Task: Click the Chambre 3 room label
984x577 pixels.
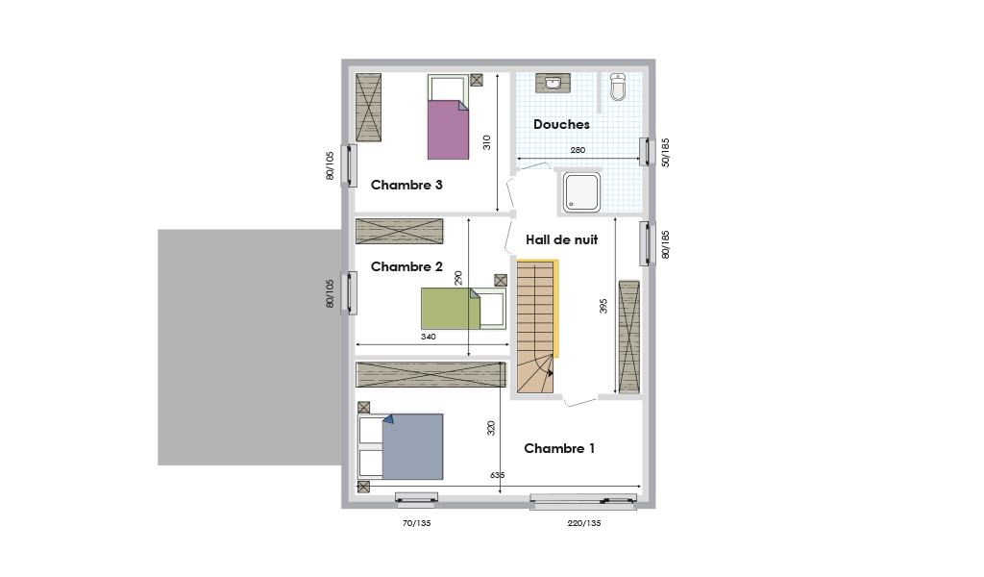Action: (406, 185)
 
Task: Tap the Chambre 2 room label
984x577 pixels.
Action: (406, 266)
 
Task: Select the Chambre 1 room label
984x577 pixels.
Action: (559, 448)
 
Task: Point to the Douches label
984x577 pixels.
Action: (561, 124)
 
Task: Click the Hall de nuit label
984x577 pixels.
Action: (561, 239)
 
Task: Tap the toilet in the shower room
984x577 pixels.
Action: (618, 87)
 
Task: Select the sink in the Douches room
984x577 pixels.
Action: (553, 83)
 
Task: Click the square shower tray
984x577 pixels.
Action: (581, 192)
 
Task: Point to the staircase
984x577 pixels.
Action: (535, 326)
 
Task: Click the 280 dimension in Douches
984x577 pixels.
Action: (578, 150)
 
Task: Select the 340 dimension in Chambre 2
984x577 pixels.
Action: (429, 337)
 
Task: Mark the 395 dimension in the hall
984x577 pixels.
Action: (603, 306)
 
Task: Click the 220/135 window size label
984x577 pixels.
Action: (584, 523)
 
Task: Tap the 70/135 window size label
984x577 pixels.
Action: (417, 523)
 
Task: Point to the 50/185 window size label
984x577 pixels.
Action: (666, 153)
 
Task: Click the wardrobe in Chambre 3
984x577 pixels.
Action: (368, 108)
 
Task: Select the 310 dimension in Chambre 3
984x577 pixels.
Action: (487, 142)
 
